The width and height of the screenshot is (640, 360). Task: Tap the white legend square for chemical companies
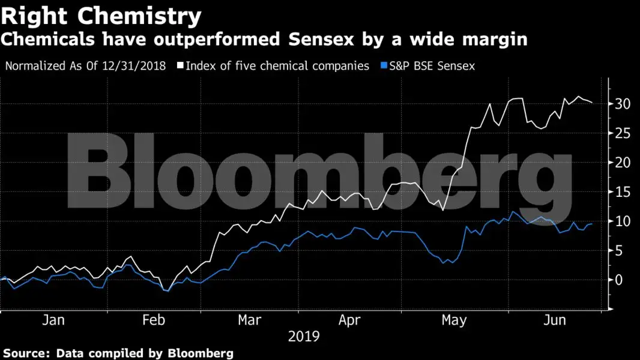coord(180,66)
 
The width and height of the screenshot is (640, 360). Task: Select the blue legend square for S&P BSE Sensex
coord(384,66)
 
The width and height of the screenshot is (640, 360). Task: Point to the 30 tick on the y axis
coord(622,104)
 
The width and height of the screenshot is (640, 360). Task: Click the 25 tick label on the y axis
coord(622,133)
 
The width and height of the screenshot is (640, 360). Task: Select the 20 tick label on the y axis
coord(622,163)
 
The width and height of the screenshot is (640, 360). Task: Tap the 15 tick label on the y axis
coord(622,192)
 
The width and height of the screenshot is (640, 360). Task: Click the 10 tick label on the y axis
coord(622,221)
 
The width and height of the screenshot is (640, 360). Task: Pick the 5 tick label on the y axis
coord(618,251)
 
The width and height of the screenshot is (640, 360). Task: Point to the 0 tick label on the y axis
coord(618,280)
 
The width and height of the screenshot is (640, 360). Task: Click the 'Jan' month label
coord(53,321)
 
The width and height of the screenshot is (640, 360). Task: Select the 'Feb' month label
coord(154,321)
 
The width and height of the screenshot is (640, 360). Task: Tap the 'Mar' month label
coord(250,321)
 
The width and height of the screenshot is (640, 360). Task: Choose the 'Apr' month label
coord(349,321)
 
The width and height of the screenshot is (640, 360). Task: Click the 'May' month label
coord(453,321)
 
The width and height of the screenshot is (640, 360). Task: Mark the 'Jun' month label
coord(554,321)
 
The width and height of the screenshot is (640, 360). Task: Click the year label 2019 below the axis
coord(304,337)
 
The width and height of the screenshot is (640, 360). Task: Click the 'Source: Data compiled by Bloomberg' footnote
coord(118,353)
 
